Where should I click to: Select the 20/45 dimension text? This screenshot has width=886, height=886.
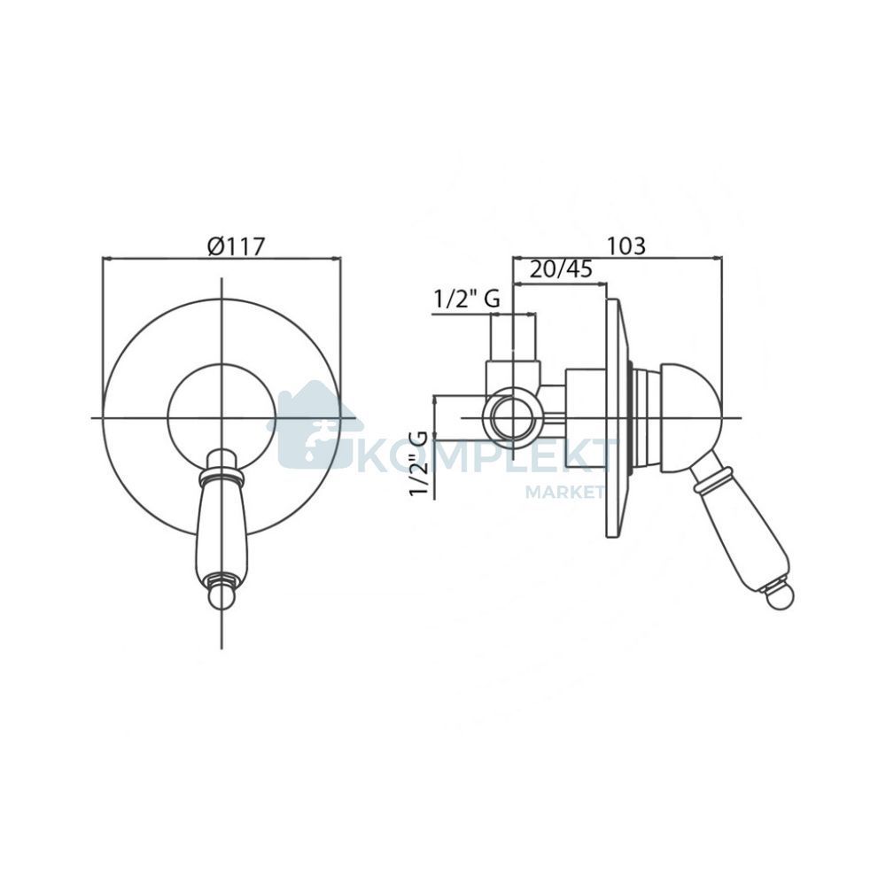[x=561, y=269]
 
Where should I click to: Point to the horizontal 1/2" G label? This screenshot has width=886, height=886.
[x=467, y=299]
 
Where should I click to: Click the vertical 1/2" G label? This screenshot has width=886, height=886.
[x=419, y=462]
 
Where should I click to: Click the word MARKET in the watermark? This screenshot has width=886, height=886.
[x=565, y=492]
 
